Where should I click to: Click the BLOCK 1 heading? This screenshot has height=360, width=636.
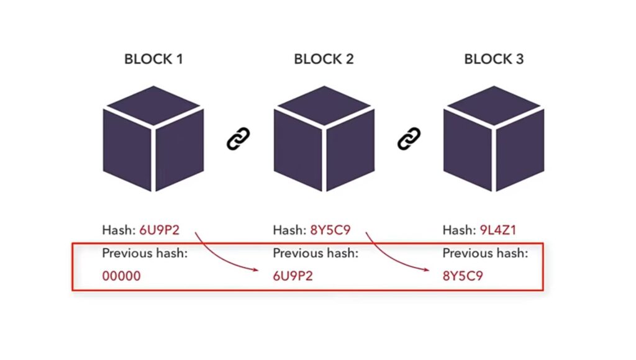(x=153, y=60)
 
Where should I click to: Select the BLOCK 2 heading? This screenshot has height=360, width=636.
(x=324, y=60)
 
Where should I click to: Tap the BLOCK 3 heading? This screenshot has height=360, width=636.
(x=494, y=60)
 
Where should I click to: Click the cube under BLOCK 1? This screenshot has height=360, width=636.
(x=153, y=138)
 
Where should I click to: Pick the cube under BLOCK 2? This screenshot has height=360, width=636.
(x=324, y=138)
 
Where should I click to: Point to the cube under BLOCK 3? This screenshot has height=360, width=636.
(x=494, y=138)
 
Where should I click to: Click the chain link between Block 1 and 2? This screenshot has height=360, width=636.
(x=238, y=138)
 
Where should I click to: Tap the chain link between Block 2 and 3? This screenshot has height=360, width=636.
(x=409, y=138)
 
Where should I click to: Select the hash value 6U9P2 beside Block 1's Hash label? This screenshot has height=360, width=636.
(x=159, y=230)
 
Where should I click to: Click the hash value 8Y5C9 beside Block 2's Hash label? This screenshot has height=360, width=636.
(x=330, y=230)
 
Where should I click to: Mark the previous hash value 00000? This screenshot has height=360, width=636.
(x=122, y=276)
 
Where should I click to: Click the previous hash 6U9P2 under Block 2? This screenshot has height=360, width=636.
(x=293, y=276)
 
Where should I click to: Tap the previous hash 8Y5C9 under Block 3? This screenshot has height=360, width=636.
(x=463, y=276)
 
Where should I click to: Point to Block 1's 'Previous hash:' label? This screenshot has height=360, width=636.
(x=145, y=253)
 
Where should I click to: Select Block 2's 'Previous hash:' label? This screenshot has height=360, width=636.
(x=315, y=253)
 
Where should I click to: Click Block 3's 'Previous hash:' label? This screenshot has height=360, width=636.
(x=485, y=253)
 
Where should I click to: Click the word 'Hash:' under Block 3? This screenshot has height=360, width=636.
(x=458, y=230)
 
